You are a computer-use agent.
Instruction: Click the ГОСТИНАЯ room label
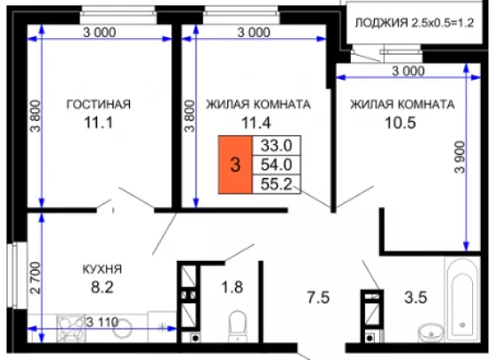click(x=98, y=104)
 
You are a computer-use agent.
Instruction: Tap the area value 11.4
click(x=256, y=123)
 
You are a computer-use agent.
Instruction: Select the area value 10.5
click(x=400, y=123)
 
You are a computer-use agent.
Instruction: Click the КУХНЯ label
click(x=102, y=270)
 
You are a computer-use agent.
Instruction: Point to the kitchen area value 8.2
click(x=103, y=287)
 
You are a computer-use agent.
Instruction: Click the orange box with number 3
click(x=235, y=165)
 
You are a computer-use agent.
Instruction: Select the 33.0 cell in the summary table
click(x=277, y=146)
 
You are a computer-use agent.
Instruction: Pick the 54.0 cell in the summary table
click(x=277, y=165)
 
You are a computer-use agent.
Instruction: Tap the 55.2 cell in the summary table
click(x=277, y=184)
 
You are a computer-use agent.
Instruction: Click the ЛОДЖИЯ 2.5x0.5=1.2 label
click(x=415, y=23)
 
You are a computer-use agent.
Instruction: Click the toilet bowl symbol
click(x=238, y=326)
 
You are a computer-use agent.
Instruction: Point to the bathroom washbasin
click(x=431, y=333)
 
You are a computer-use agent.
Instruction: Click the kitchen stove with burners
click(x=72, y=328)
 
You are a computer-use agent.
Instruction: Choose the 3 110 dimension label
click(x=103, y=323)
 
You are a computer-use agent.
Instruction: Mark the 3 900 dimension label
click(x=460, y=157)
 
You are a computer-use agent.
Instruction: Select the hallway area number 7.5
click(x=318, y=297)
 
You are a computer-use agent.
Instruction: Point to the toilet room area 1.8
click(x=232, y=287)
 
